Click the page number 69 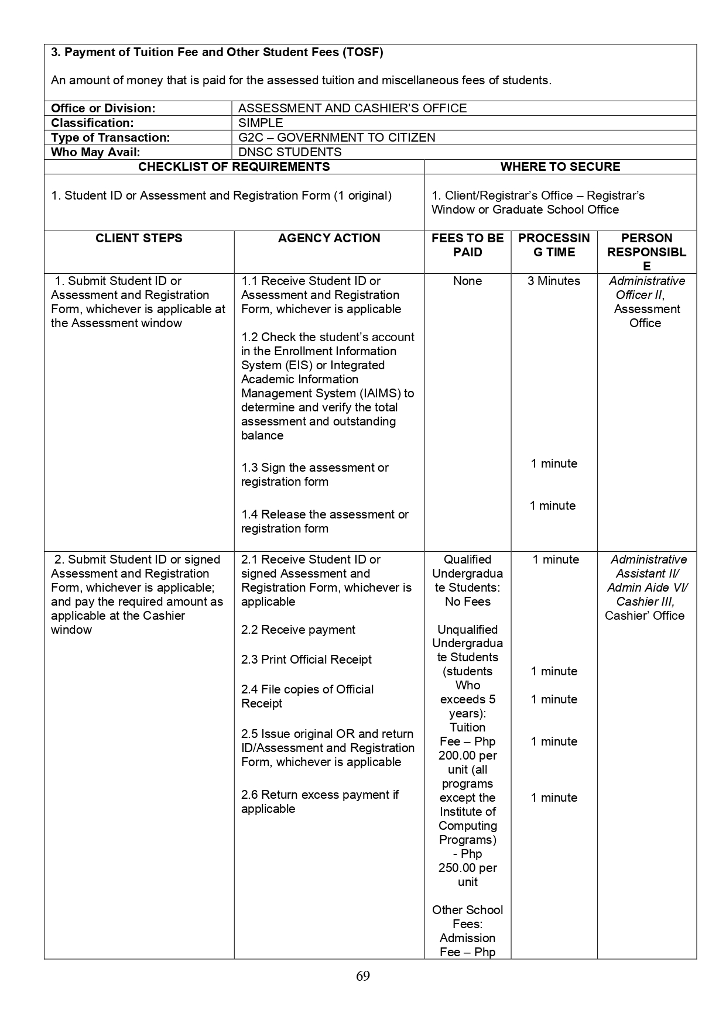(x=362, y=976)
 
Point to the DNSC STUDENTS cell (x=290, y=152)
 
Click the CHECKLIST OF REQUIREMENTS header (x=234, y=167)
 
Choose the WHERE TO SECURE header (x=560, y=167)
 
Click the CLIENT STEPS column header (x=139, y=238)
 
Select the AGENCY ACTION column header (x=329, y=238)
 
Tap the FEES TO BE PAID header (x=467, y=245)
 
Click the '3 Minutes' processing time (x=553, y=281)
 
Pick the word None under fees (x=467, y=281)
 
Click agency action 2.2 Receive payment (x=298, y=630)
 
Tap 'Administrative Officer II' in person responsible (x=646, y=288)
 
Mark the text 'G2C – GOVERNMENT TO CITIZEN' (x=337, y=138)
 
